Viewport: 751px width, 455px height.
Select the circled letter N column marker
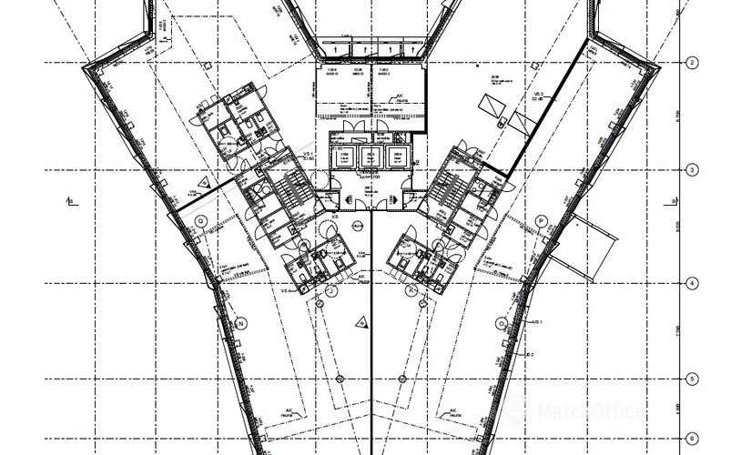tap(242, 323)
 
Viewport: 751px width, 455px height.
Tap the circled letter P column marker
tap(540, 220)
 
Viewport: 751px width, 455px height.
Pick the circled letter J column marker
tap(331, 289)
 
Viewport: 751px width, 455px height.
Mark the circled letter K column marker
tap(412, 289)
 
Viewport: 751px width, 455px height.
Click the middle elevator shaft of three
tap(371, 157)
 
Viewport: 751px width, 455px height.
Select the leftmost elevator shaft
tap(344, 157)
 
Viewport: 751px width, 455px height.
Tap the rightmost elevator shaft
tap(398, 157)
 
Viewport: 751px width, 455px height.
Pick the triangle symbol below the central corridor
tap(362, 320)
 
